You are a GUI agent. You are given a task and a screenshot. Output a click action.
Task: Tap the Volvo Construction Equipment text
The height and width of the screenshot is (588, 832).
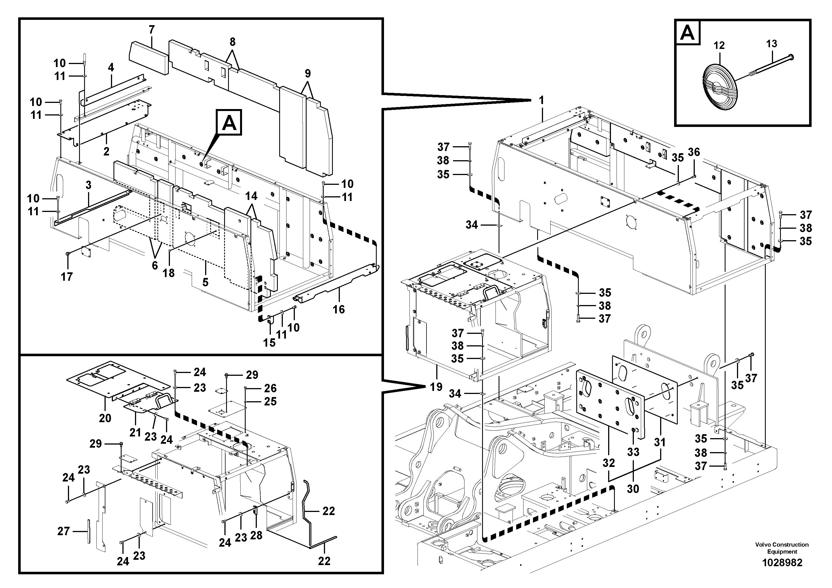(782, 548)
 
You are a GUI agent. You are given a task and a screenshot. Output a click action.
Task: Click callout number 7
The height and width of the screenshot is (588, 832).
(151, 30)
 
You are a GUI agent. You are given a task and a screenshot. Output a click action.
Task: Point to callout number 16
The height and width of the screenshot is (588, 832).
(339, 309)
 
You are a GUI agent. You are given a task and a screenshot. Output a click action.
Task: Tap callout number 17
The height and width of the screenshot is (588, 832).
(67, 277)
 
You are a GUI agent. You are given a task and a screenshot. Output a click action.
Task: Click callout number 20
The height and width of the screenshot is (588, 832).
(105, 418)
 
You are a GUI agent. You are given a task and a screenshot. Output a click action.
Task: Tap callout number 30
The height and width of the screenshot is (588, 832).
(633, 489)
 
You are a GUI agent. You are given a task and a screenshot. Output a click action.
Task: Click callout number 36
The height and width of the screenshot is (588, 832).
(694, 152)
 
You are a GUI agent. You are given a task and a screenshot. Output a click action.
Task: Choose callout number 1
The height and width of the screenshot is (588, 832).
(541, 100)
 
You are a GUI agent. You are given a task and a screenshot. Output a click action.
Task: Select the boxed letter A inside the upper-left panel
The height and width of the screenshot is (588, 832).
(229, 124)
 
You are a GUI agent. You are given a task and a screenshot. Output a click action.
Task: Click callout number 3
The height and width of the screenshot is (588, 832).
(88, 185)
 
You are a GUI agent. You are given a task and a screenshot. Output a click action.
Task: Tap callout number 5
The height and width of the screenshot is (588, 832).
(205, 282)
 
